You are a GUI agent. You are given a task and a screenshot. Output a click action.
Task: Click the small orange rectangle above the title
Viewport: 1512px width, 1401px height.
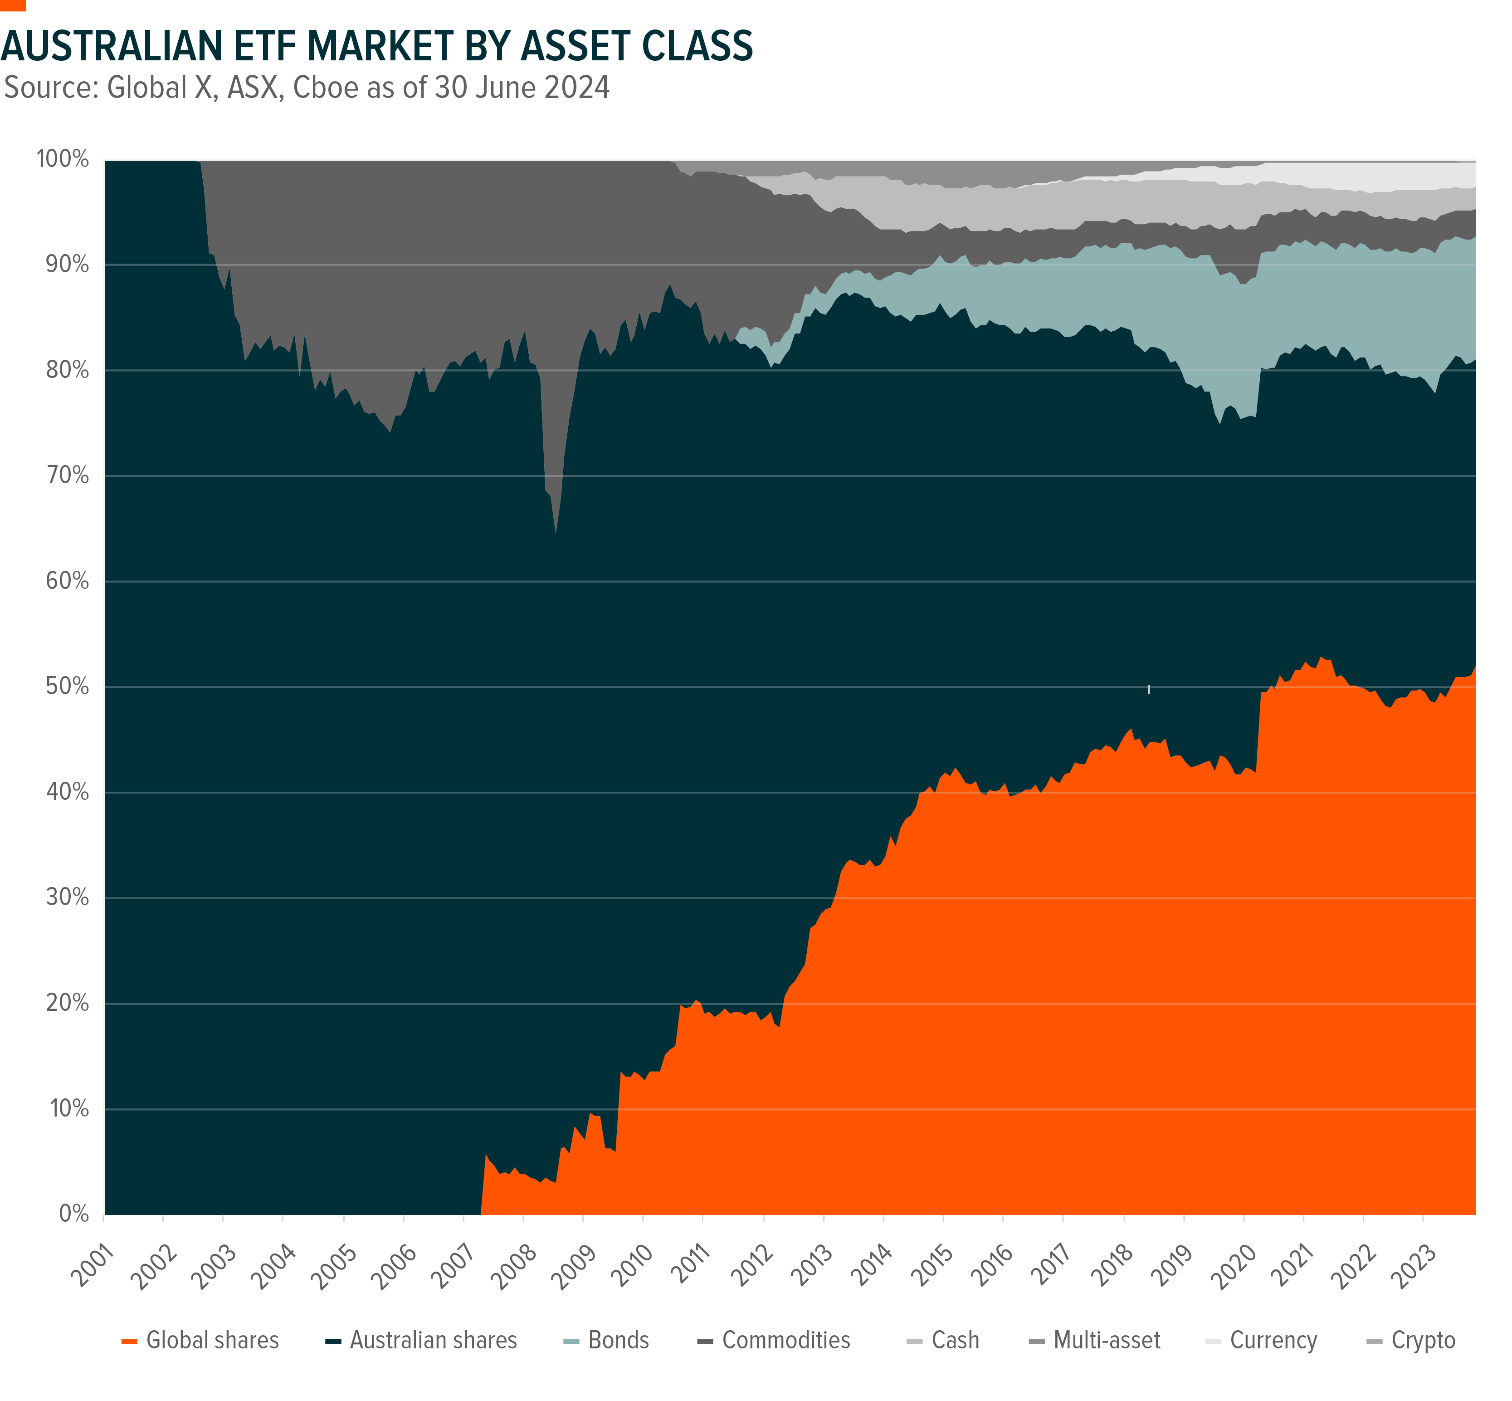[13, 5]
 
